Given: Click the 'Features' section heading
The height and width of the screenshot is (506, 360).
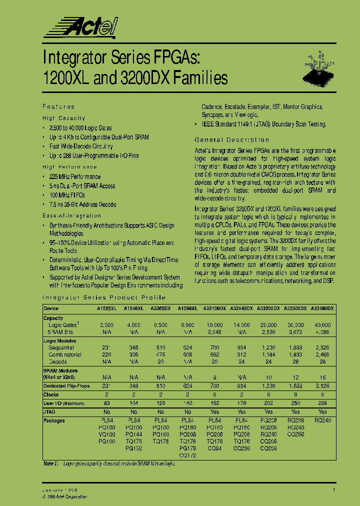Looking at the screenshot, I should pos(58,106).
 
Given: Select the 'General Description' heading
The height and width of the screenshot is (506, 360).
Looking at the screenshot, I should pos(231,140).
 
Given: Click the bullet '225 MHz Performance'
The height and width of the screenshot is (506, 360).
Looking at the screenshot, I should pos(74,176).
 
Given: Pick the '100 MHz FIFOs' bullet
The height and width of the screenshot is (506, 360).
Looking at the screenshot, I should pos(66,195).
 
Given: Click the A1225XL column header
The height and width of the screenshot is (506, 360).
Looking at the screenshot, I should pos(106,308).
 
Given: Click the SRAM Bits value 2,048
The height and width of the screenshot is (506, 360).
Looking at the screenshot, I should pos(214,331).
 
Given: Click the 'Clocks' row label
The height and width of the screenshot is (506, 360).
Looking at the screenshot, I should pos(51,394).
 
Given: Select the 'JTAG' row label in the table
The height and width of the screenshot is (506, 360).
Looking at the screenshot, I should pos(50,411).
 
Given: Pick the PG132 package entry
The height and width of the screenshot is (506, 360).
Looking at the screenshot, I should pos(133,448).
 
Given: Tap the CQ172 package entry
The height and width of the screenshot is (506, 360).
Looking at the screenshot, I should pos(187,455).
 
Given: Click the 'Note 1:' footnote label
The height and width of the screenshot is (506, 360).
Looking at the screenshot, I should pos(51,464).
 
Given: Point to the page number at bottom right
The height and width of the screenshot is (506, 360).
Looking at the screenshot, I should pos(334,490).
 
